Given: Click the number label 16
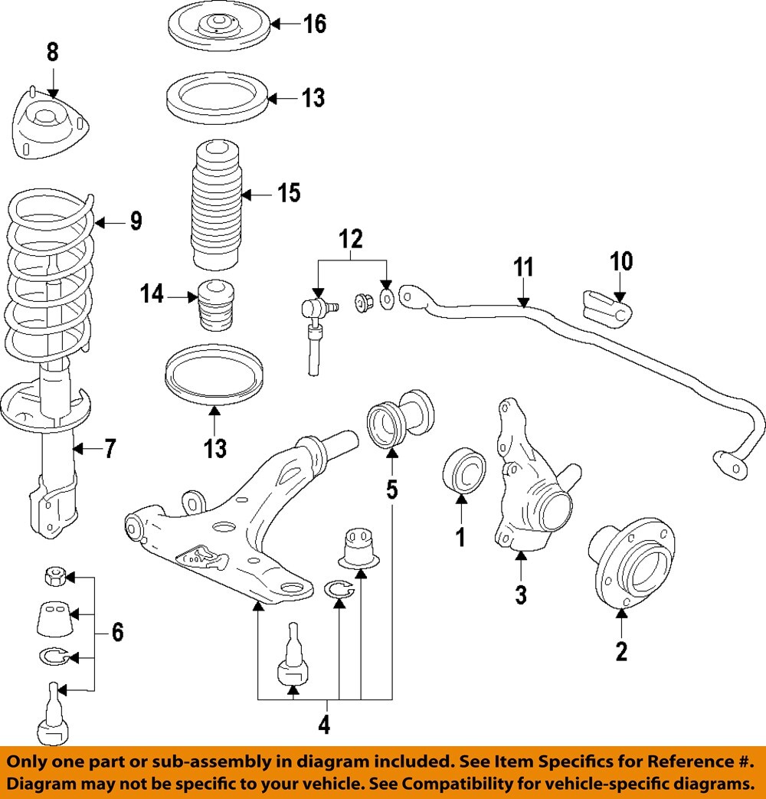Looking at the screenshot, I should (314, 24).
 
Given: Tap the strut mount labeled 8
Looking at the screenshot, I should (51, 126).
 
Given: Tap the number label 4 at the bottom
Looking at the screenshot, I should (324, 724).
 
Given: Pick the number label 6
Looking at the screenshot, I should (117, 633).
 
